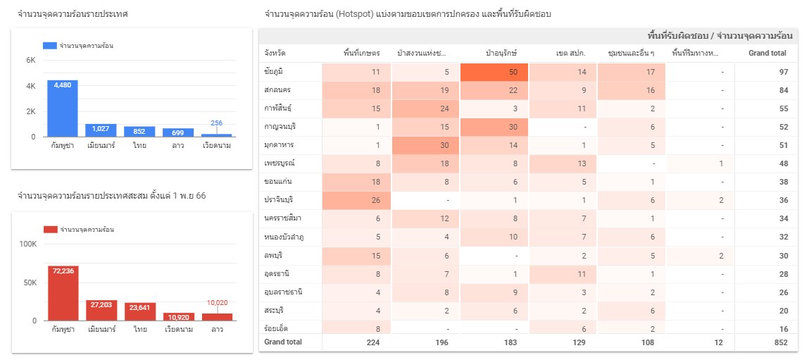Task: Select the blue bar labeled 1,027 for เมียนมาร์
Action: point(101,130)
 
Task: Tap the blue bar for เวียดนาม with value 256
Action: point(216,135)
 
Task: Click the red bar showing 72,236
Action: point(63,292)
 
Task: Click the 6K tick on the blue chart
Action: point(31,61)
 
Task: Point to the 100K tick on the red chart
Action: point(28,244)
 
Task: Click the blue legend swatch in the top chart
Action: point(49,46)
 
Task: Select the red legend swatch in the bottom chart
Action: point(50,230)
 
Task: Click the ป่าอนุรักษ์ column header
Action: point(501,54)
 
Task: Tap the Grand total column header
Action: point(767,54)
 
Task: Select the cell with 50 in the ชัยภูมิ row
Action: point(494,72)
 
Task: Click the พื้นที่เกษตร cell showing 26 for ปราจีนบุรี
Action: point(356,200)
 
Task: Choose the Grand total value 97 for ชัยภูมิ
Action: point(783,72)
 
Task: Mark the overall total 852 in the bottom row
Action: point(781,342)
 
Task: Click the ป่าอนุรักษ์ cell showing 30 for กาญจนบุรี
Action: point(494,127)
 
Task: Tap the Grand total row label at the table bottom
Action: point(283,342)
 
